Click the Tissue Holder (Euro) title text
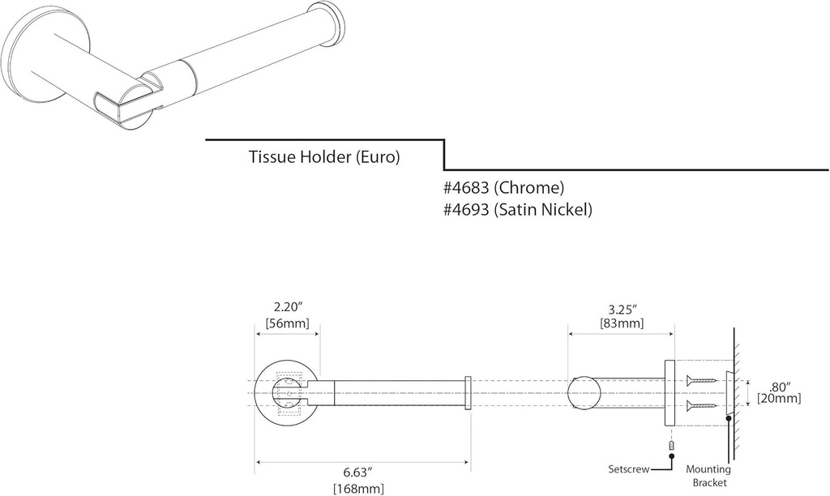[324, 157]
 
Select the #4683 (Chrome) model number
[503, 188]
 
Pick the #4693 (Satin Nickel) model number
[518, 210]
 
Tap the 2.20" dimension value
[288, 308]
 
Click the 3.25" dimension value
[622, 309]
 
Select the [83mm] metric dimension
[622, 323]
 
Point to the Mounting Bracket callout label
[708, 476]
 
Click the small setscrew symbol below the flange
[671, 446]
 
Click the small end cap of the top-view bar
[468, 393]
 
